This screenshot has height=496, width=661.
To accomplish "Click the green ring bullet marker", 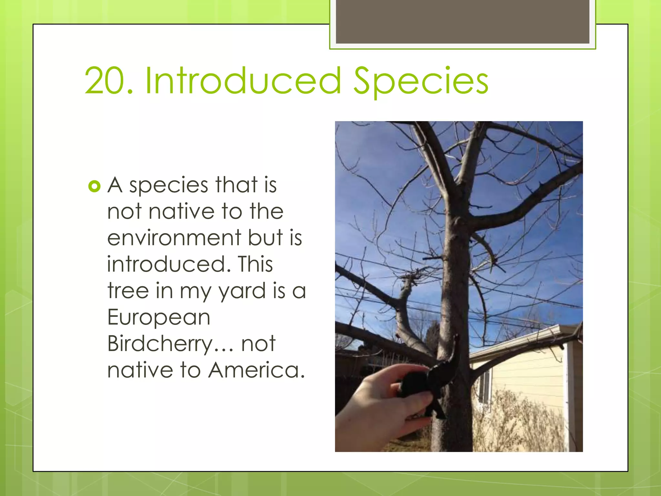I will click(x=94, y=186).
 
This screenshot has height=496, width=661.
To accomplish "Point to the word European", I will click(x=159, y=317).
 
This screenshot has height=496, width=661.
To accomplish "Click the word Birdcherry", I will click(x=160, y=344).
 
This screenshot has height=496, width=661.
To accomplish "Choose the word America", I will click(x=257, y=370).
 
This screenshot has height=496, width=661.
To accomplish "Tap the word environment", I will click(x=174, y=238).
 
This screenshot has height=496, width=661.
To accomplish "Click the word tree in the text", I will click(x=128, y=291).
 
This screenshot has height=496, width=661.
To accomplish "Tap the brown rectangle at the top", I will click(x=462, y=21).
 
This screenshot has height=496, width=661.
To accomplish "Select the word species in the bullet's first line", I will click(x=168, y=186).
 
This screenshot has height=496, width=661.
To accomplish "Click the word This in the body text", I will click(x=255, y=264).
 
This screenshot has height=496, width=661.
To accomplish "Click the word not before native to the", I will click(x=124, y=212).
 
